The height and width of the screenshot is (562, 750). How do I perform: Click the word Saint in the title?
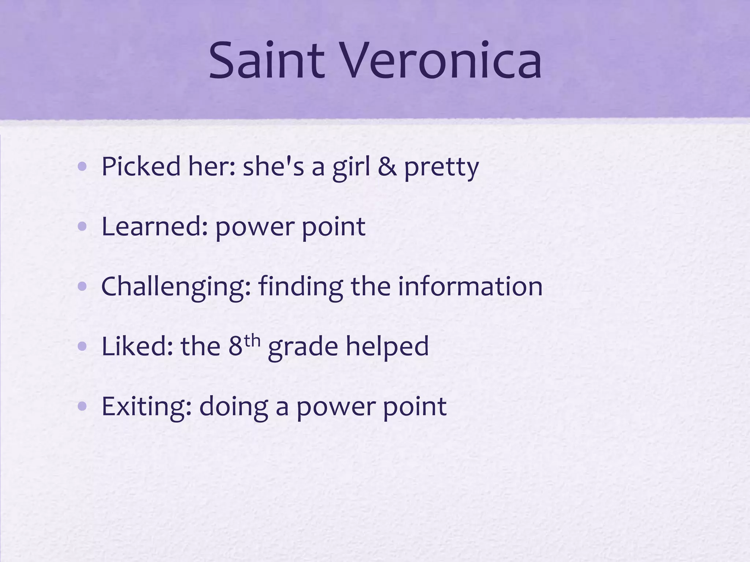267,60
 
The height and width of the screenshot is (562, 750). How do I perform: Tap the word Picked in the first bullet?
141,166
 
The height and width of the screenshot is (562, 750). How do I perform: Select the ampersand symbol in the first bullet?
387,166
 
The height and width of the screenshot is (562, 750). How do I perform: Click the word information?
470,286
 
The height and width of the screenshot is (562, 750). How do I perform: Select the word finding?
301,287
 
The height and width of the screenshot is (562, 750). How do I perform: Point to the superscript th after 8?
252,341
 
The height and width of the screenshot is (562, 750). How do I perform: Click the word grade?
303,348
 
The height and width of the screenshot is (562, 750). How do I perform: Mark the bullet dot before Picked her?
82,167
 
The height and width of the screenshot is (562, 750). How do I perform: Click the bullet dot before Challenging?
82,286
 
